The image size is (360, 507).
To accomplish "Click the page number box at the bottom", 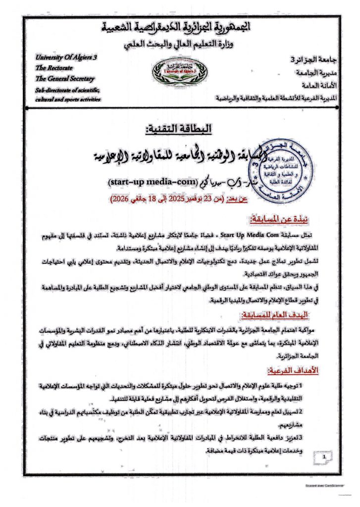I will click(x=324, y=458).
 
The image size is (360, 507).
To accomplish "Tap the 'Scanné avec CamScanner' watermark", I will click(x=322, y=486).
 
